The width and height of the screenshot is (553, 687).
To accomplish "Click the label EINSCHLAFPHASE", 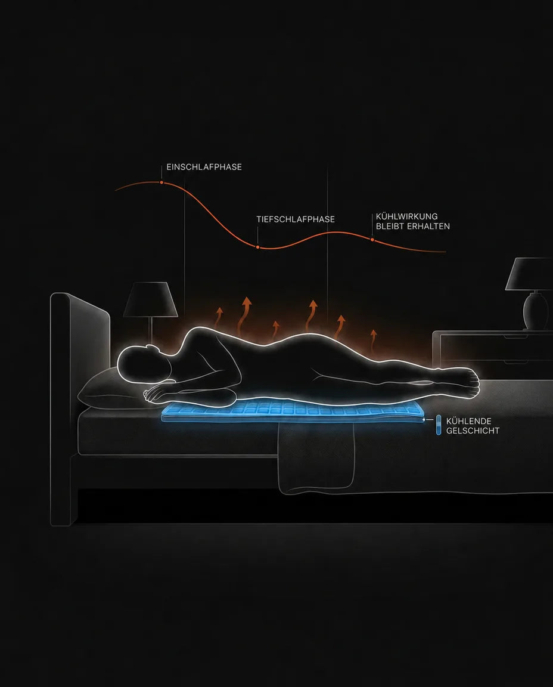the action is pyautogui.click(x=204, y=167).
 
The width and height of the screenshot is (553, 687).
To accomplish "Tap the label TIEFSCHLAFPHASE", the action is pyautogui.click(x=296, y=219).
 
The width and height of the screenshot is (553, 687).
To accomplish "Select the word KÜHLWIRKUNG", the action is pyautogui.click(x=407, y=216).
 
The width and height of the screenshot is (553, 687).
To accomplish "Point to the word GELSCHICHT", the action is pyautogui.click(x=473, y=431).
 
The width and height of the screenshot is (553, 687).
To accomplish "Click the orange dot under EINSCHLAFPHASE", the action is pyautogui.click(x=161, y=182).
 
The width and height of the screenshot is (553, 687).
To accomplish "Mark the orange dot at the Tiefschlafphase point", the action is pyautogui.click(x=257, y=247).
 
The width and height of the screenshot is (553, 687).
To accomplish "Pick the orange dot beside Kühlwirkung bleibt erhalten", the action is pyautogui.click(x=372, y=240).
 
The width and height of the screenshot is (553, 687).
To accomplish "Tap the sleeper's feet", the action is pyautogui.click(x=468, y=382).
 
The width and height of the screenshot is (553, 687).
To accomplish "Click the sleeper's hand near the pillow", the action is pyautogui.click(x=154, y=394).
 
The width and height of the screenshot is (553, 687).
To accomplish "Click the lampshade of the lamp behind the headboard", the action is pyautogui.click(x=150, y=299).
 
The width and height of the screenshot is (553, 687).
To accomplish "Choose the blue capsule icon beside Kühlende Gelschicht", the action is pyautogui.click(x=439, y=425).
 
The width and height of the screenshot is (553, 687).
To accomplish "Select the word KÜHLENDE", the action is pyautogui.click(x=468, y=421).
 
